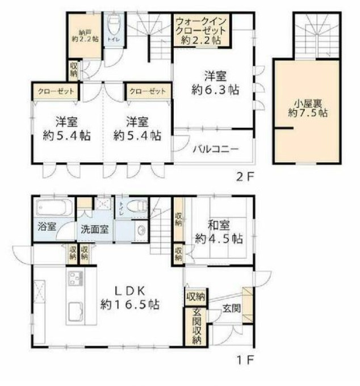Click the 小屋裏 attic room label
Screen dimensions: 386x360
(x=307, y=108)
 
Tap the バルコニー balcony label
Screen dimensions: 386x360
(x=215, y=150)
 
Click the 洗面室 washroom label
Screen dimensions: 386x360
(x=94, y=230)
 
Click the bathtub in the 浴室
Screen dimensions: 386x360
(x=51, y=207)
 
